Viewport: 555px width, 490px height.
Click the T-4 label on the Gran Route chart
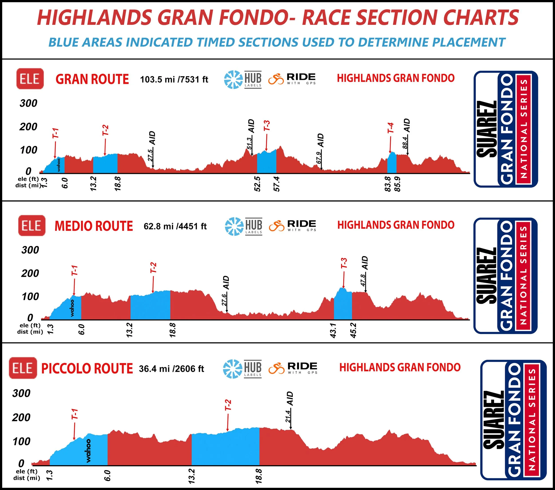[x=390, y=128]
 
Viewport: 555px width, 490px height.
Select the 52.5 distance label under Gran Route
[x=257, y=184]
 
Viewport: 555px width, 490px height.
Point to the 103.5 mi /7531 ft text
[x=174, y=79]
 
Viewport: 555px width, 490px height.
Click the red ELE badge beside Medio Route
[x=32, y=226]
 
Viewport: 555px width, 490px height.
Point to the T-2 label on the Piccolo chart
[x=228, y=405]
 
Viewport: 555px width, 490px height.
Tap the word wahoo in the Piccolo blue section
[x=88, y=451]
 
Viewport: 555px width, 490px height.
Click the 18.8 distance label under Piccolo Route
[x=259, y=476]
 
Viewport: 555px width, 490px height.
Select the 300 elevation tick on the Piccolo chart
[x=22, y=393]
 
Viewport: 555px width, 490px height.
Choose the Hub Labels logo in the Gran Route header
[x=242, y=79]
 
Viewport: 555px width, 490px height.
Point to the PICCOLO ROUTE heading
[x=87, y=368]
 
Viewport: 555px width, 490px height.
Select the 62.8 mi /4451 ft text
[x=175, y=226]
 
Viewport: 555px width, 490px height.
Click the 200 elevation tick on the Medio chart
[x=30, y=273]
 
